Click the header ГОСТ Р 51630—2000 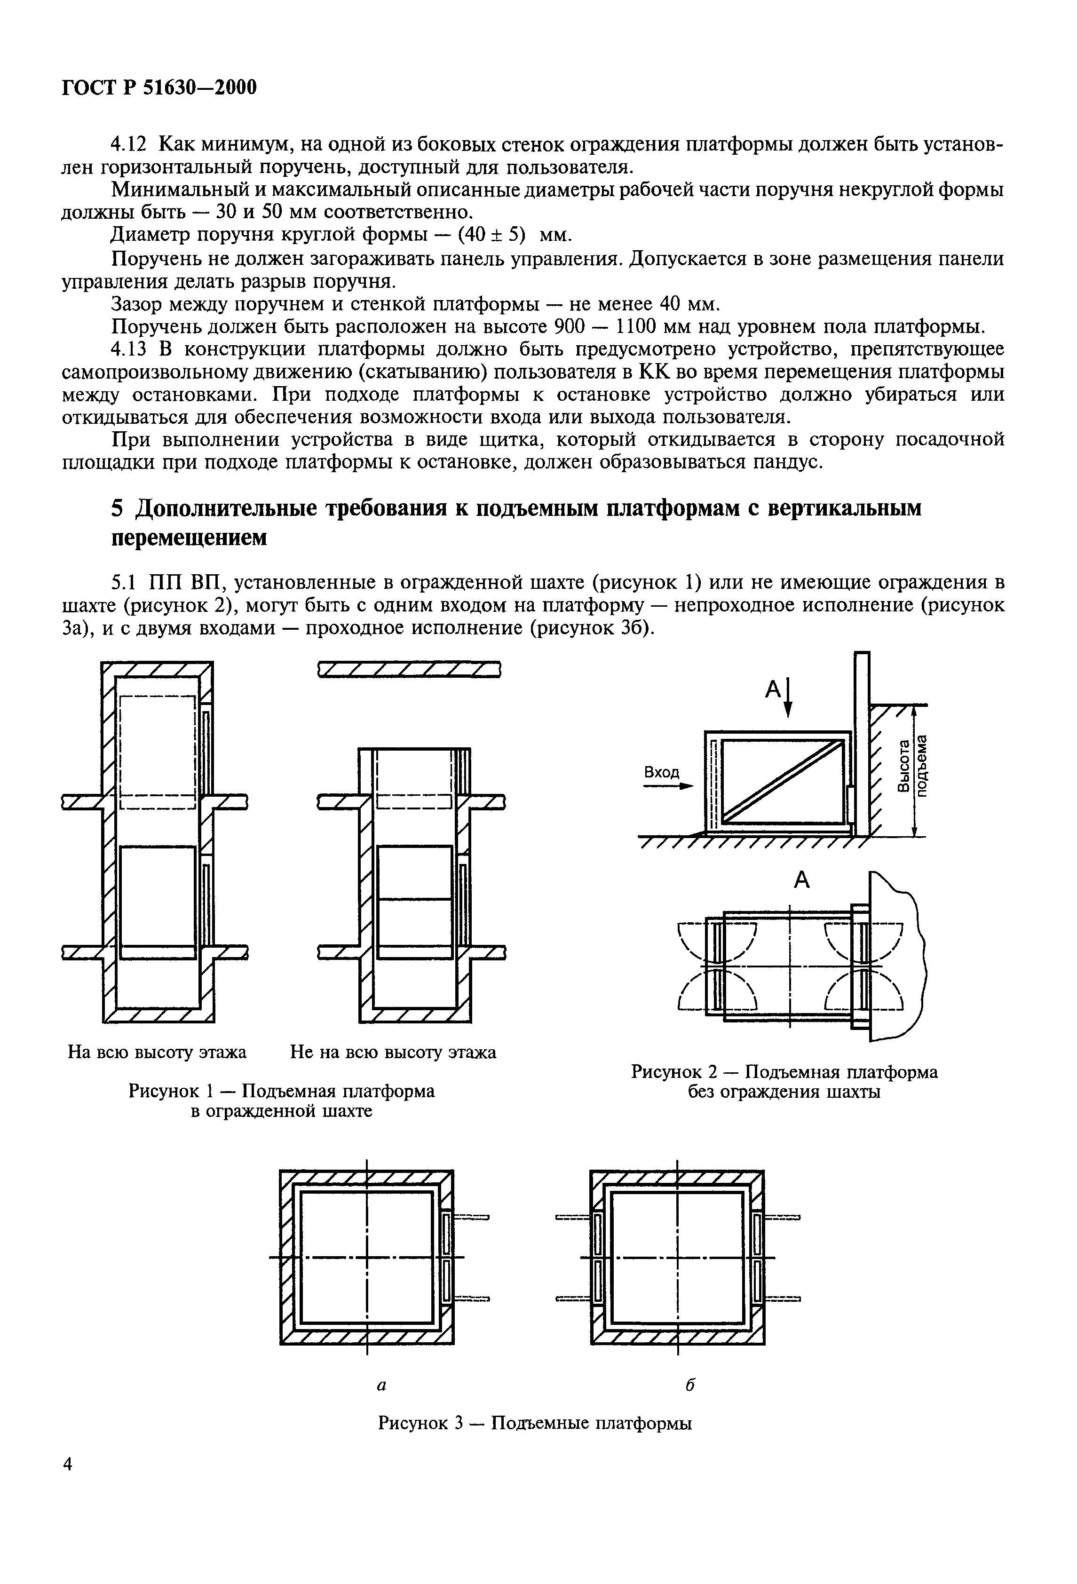159,88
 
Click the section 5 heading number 118,508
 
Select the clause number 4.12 129,144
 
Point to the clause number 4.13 129,349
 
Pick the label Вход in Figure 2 661,772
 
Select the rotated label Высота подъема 911,765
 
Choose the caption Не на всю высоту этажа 393,1053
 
